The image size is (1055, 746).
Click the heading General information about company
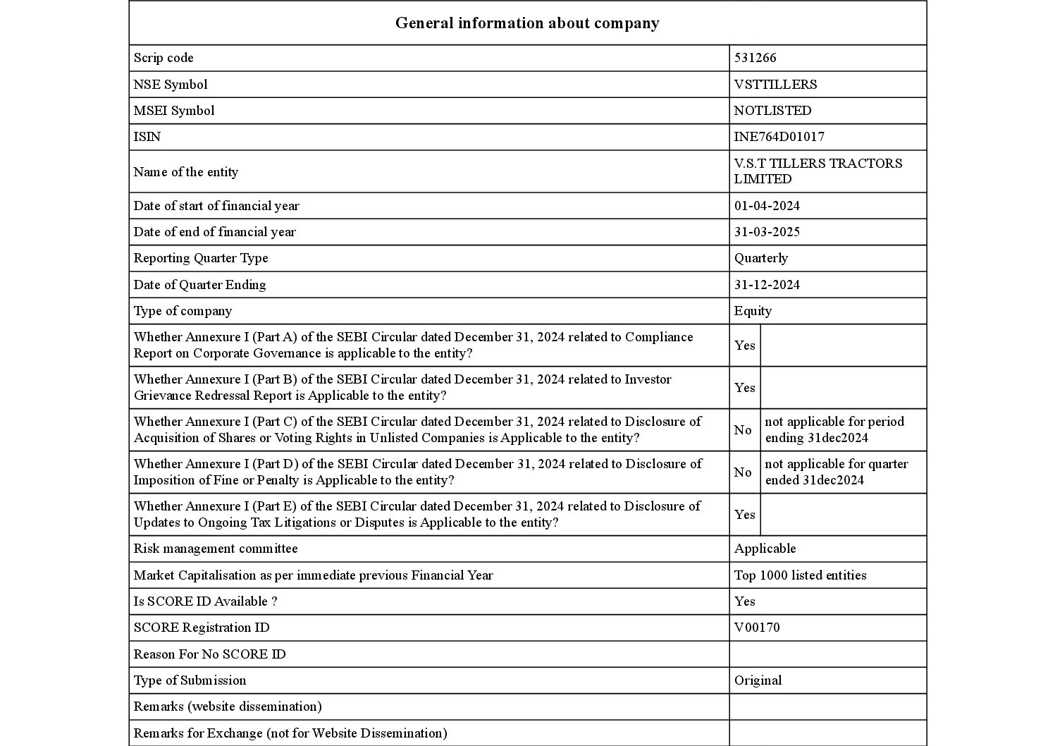(x=527, y=23)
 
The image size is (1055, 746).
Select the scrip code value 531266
(x=755, y=58)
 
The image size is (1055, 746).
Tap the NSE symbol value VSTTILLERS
(x=775, y=85)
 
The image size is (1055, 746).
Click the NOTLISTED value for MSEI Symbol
(x=772, y=111)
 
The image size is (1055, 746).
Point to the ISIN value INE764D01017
(x=779, y=137)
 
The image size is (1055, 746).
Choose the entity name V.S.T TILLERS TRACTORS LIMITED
(x=818, y=171)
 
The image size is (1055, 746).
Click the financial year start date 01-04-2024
(x=767, y=206)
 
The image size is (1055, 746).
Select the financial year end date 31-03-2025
(x=767, y=232)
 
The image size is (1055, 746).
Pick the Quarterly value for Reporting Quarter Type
(x=760, y=258)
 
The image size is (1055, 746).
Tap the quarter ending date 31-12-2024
(x=767, y=285)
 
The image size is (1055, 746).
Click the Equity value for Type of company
(x=753, y=311)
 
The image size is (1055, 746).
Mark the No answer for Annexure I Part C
(x=743, y=430)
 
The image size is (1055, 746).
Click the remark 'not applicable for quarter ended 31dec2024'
(x=837, y=472)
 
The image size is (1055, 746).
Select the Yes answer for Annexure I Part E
(x=744, y=515)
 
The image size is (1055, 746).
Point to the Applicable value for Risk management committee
(x=765, y=549)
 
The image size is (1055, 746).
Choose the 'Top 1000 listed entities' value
(x=800, y=575)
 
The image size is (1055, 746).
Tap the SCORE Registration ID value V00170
(x=757, y=628)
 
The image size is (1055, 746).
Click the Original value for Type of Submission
(x=758, y=680)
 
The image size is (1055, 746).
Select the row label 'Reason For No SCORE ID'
(x=209, y=654)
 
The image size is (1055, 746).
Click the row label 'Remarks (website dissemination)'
(x=227, y=707)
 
